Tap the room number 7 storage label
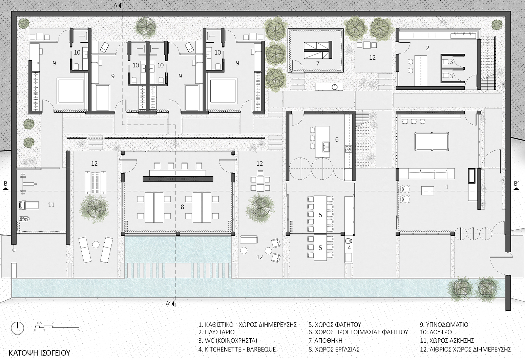point(318,63)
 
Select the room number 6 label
point(337,140)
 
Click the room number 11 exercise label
point(51,205)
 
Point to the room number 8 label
point(182,207)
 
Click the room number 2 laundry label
point(427,48)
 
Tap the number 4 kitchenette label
point(349,248)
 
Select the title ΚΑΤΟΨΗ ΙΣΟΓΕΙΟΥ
point(39,353)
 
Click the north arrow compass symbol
point(18,327)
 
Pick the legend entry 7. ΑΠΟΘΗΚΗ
point(325,340)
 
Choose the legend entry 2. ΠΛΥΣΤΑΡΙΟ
point(216,332)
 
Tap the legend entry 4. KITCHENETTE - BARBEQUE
point(237,349)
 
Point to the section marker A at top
point(118,5)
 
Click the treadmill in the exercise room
point(29,205)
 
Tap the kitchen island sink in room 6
point(325,146)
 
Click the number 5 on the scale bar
point(79,330)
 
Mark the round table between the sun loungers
point(96,245)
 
